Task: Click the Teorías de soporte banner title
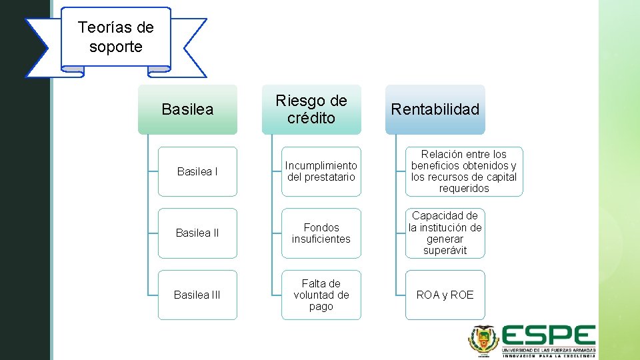[115, 37]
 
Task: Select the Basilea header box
[187, 109]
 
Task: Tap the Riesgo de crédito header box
[311, 109]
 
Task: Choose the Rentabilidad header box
[435, 109]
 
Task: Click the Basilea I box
[197, 171]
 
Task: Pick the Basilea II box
[197, 233]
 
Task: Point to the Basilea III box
[197, 295]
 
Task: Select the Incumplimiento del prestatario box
[321, 171]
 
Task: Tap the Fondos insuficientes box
[321, 233]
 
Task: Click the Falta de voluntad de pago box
[321, 295]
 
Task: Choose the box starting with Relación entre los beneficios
[464, 171]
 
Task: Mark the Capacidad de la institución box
[445, 233]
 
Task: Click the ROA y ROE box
[445, 295]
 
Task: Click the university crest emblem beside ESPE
[483, 341]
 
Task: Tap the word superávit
[445, 251]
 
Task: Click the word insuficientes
[321, 239]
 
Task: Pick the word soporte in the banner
[115, 47]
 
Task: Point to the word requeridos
[464, 189]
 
